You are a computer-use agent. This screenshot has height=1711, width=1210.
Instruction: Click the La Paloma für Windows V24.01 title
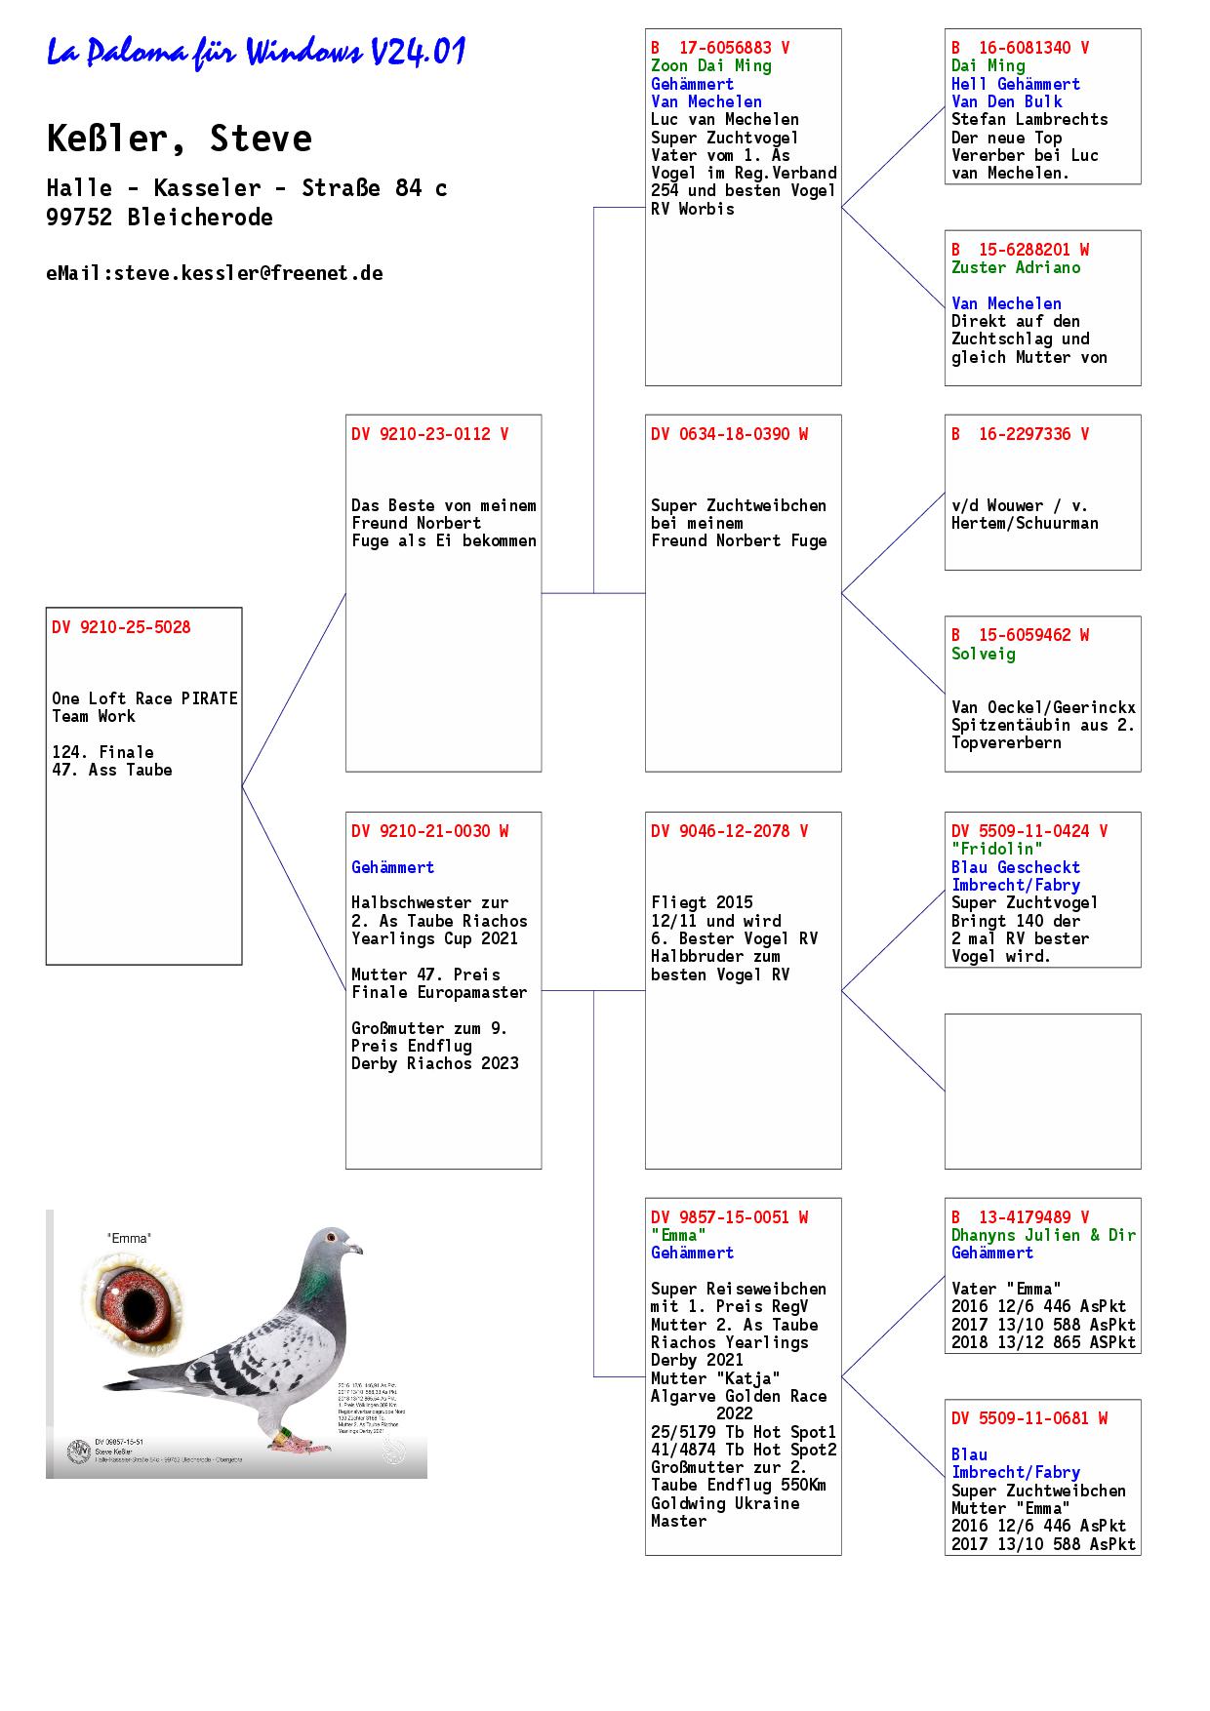[x=256, y=53]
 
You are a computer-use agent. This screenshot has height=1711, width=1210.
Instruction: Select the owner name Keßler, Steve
[x=180, y=139]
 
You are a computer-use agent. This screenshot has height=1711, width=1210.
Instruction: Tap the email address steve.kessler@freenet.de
[x=215, y=273]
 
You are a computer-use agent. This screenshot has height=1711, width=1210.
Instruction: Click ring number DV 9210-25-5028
[x=121, y=627]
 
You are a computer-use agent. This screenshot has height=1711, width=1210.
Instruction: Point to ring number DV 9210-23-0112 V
[x=429, y=434]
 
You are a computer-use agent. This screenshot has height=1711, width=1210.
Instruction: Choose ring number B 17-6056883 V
[x=720, y=48]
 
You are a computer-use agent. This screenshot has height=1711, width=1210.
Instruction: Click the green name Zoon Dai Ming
[x=710, y=65]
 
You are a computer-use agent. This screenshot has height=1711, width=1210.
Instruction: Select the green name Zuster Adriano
[x=1016, y=267]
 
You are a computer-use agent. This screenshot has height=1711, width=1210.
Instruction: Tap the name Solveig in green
[x=983, y=654]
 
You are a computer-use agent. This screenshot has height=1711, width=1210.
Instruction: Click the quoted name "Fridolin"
[x=996, y=849]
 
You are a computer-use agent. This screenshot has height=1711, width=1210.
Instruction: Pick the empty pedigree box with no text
[x=1042, y=1091]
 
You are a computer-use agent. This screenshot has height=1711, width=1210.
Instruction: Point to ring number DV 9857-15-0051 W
[x=729, y=1217]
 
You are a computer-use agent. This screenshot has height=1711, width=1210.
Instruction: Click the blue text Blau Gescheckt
[x=1015, y=867]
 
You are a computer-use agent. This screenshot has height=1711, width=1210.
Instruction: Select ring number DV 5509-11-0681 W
[x=1029, y=1418]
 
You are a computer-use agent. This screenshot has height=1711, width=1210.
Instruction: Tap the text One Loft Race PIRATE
[x=144, y=698]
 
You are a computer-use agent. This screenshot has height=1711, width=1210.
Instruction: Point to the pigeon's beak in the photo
[x=356, y=1249]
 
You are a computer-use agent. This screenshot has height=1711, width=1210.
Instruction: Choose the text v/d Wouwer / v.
[x=1019, y=505]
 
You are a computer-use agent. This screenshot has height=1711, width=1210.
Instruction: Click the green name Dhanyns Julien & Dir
[x=1043, y=1235]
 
